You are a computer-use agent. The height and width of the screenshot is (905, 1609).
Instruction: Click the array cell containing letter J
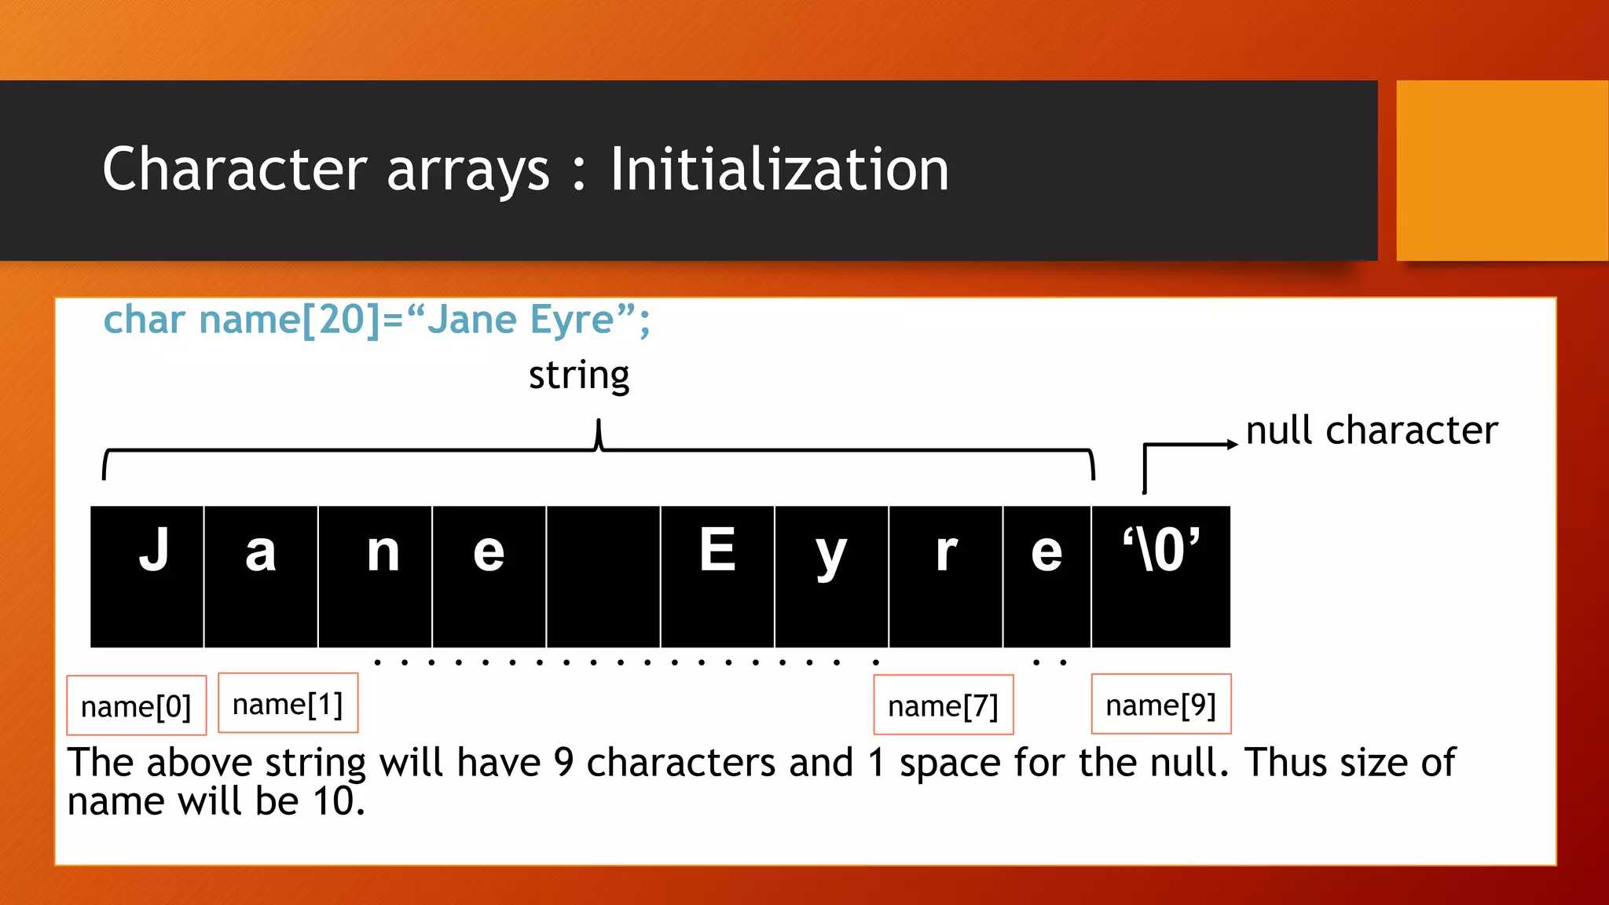tap(148, 576)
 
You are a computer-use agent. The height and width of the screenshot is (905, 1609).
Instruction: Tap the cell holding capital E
tap(717, 576)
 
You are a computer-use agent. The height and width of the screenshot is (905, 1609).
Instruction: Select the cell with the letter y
tap(831, 576)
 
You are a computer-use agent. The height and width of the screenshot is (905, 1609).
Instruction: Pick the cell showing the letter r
tap(946, 576)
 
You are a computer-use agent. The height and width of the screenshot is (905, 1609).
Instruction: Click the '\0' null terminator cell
tap(1160, 576)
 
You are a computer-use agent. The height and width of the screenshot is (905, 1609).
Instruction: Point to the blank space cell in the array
tap(603, 576)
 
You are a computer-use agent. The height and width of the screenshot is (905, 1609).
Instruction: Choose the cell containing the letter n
tap(376, 576)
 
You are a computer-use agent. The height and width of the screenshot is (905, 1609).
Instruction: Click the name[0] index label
tap(137, 705)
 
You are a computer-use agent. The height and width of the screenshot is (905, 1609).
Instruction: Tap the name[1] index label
tap(288, 703)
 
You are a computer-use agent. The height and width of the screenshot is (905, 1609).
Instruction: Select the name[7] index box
tap(943, 705)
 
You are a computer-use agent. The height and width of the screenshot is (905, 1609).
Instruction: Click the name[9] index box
tap(1160, 704)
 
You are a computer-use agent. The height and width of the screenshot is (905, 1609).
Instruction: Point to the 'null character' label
tap(1372, 431)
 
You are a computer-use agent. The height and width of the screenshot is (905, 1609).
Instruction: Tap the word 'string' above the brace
tap(579, 376)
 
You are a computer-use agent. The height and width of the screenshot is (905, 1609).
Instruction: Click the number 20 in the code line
tap(341, 320)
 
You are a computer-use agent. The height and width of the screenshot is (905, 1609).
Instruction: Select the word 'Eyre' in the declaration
tap(573, 320)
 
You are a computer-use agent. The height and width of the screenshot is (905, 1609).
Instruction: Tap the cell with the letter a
tap(261, 576)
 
